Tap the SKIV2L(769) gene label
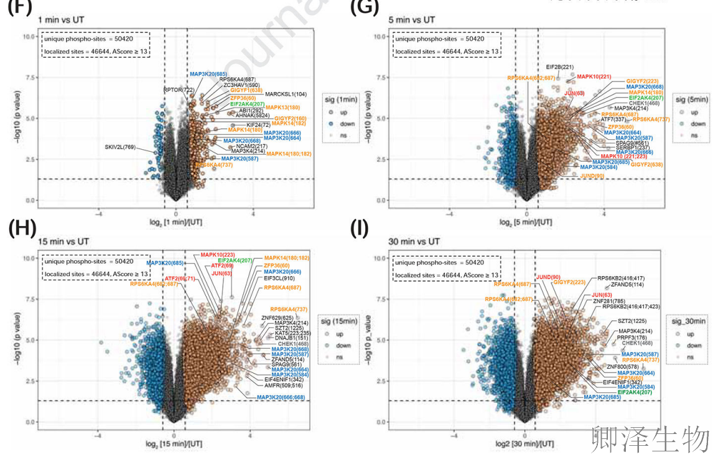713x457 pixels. pos(122,147)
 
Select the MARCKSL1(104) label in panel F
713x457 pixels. pos(286,94)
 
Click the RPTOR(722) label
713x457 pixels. pos(178,90)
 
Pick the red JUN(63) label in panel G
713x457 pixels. pos(574,93)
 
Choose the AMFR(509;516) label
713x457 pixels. pos(283,385)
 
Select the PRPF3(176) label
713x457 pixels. pos(634,337)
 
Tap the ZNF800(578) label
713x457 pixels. pos(623,366)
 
